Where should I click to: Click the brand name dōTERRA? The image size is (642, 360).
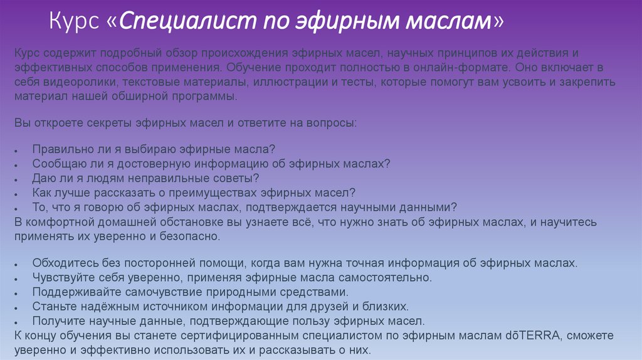coord(531,336)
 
